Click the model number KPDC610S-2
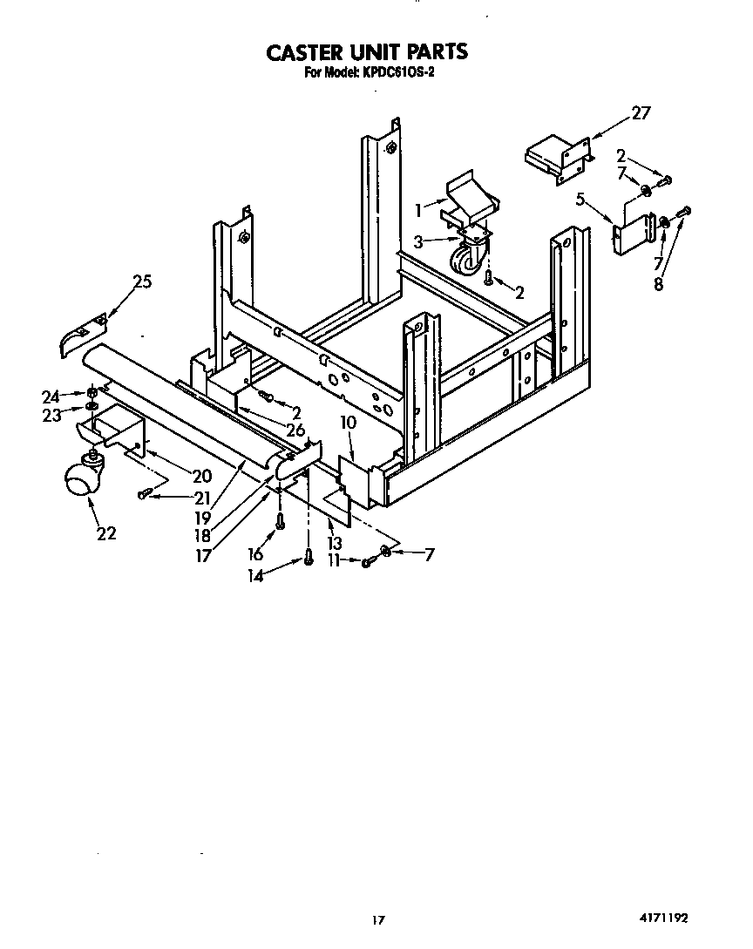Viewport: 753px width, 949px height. (396, 73)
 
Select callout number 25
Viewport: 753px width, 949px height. (142, 281)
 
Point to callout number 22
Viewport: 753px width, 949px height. (106, 533)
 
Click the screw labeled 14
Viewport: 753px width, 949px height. (309, 559)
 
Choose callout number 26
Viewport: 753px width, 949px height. (295, 430)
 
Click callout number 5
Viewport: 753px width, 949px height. (580, 200)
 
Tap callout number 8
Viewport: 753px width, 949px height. (659, 284)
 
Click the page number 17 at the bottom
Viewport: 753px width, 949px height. (377, 918)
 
